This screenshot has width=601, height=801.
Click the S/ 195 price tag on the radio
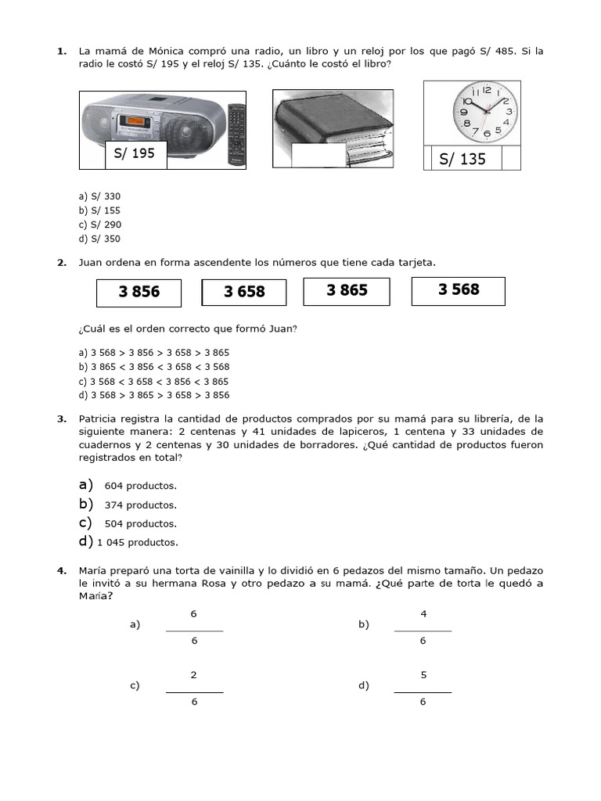click(x=135, y=154)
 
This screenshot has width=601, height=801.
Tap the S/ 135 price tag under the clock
click(x=462, y=159)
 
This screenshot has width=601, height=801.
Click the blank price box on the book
click(x=318, y=155)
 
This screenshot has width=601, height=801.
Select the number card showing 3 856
click(x=139, y=293)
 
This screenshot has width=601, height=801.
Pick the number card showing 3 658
click(x=244, y=293)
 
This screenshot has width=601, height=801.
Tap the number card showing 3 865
click(x=347, y=291)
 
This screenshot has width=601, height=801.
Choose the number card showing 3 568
click(x=459, y=290)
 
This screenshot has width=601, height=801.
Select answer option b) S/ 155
click(x=99, y=210)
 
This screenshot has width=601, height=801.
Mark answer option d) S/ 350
click(x=99, y=239)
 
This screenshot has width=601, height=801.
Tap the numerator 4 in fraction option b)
click(x=423, y=614)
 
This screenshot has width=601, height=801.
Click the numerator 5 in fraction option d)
click(x=423, y=675)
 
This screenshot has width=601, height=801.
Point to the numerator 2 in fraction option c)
click(x=194, y=675)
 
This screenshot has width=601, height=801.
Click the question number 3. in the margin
click(x=62, y=419)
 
